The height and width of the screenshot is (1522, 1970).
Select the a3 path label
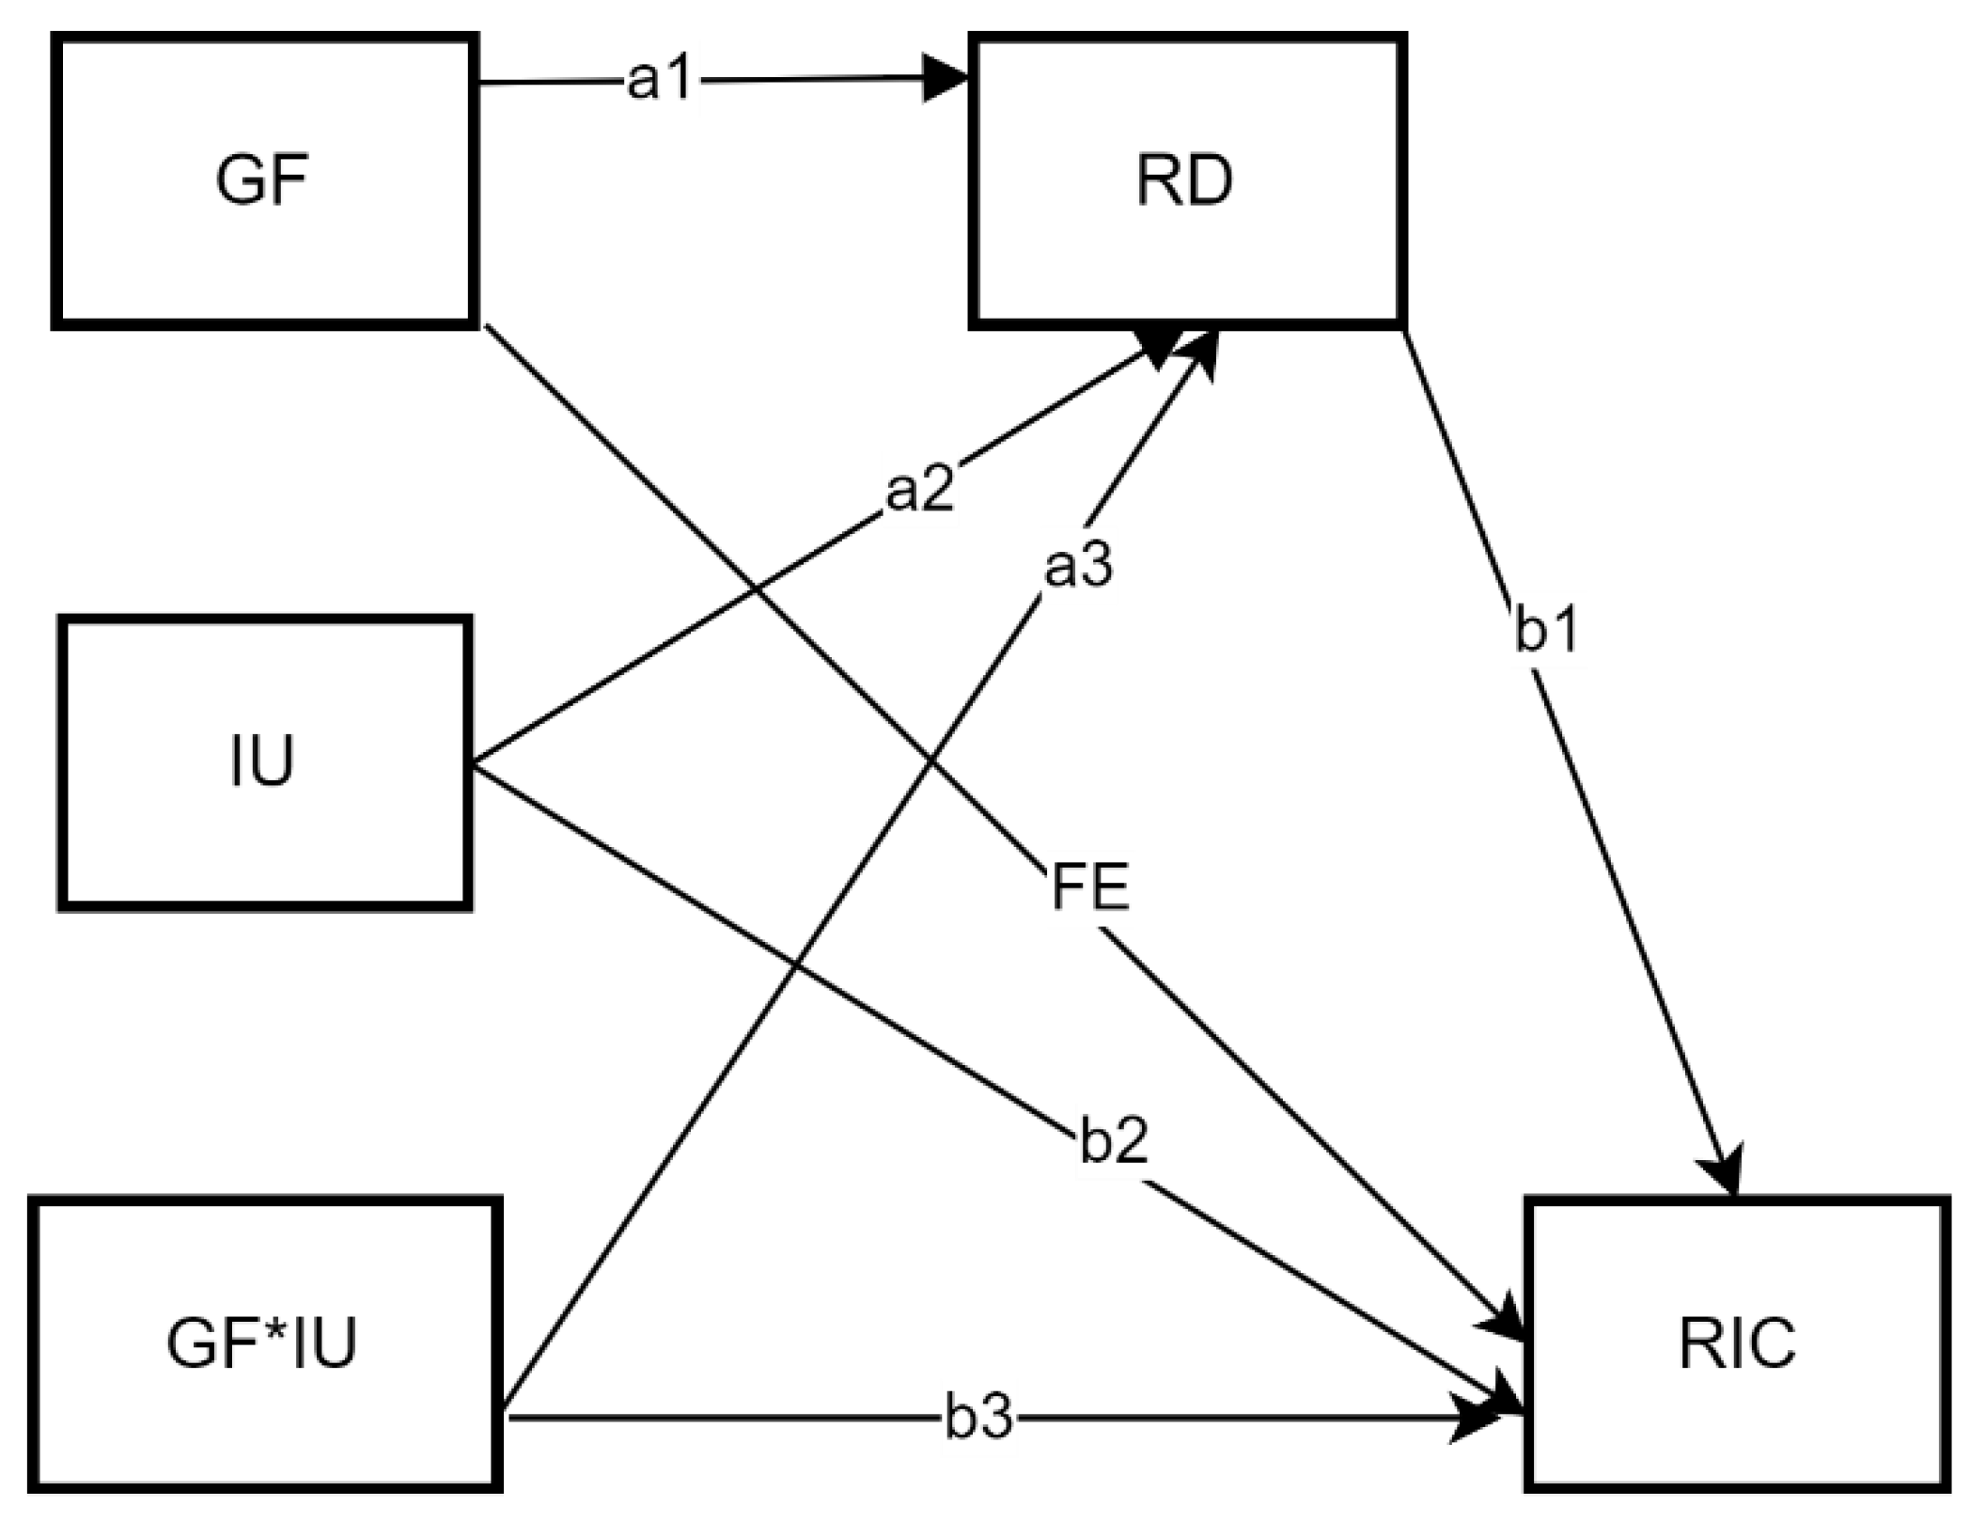(x=1078, y=566)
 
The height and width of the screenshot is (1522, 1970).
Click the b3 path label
(x=978, y=1417)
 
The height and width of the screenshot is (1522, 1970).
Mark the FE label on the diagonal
(x=1089, y=887)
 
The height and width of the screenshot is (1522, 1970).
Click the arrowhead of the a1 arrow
(x=945, y=79)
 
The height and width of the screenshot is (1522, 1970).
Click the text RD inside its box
(x=1184, y=180)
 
